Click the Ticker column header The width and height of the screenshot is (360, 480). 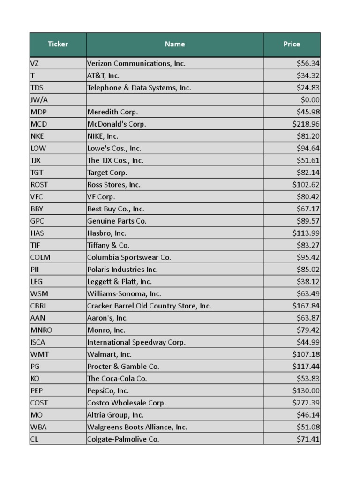click(58, 44)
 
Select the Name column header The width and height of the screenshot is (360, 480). click(174, 44)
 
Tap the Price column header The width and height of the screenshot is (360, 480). click(291, 44)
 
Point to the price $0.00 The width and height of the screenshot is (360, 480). click(310, 100)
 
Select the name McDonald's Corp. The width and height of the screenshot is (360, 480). click(117, 124)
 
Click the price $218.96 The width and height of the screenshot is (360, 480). click(306, 124)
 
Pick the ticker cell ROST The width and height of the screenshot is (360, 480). click(39, 185)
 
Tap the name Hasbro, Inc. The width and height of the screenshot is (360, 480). click(107, 233)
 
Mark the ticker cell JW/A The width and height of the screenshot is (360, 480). click(39, 100)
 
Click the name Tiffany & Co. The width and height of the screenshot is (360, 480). click(108, 245)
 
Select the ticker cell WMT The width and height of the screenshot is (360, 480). click(39, 354)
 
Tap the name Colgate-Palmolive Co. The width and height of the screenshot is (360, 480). click(123, 439)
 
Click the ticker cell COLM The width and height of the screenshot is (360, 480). click(40, 257)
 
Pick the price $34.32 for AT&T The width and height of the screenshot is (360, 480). click(308, 75)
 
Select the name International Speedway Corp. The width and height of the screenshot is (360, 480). click(136, 342)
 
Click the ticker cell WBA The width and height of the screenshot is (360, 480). click(38, 427)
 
